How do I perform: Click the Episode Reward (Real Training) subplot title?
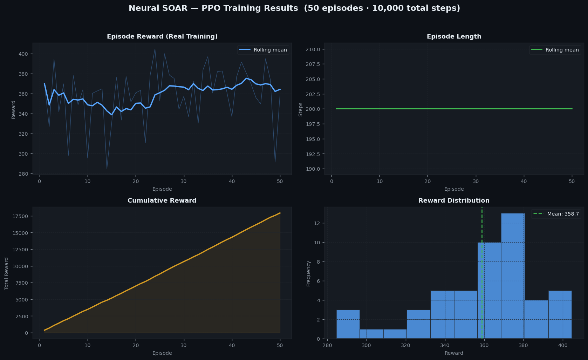point(162,36)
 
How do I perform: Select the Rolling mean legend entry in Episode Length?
point(555,50)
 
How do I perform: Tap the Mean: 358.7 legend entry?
point(556,214)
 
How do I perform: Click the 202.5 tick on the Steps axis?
point(313,94)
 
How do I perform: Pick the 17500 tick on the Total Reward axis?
point(20,216)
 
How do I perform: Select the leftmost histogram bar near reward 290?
point(348,324)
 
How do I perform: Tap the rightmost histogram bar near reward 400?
point(560,314)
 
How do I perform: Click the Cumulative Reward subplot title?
point(162,201)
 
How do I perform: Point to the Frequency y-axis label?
point(308,273)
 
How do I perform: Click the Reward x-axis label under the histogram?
point(454,353)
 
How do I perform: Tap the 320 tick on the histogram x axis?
point(405,345)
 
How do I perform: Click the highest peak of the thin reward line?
point(155,49)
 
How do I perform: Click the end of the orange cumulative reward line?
point(280,213)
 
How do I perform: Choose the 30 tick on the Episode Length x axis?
point(476,181)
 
